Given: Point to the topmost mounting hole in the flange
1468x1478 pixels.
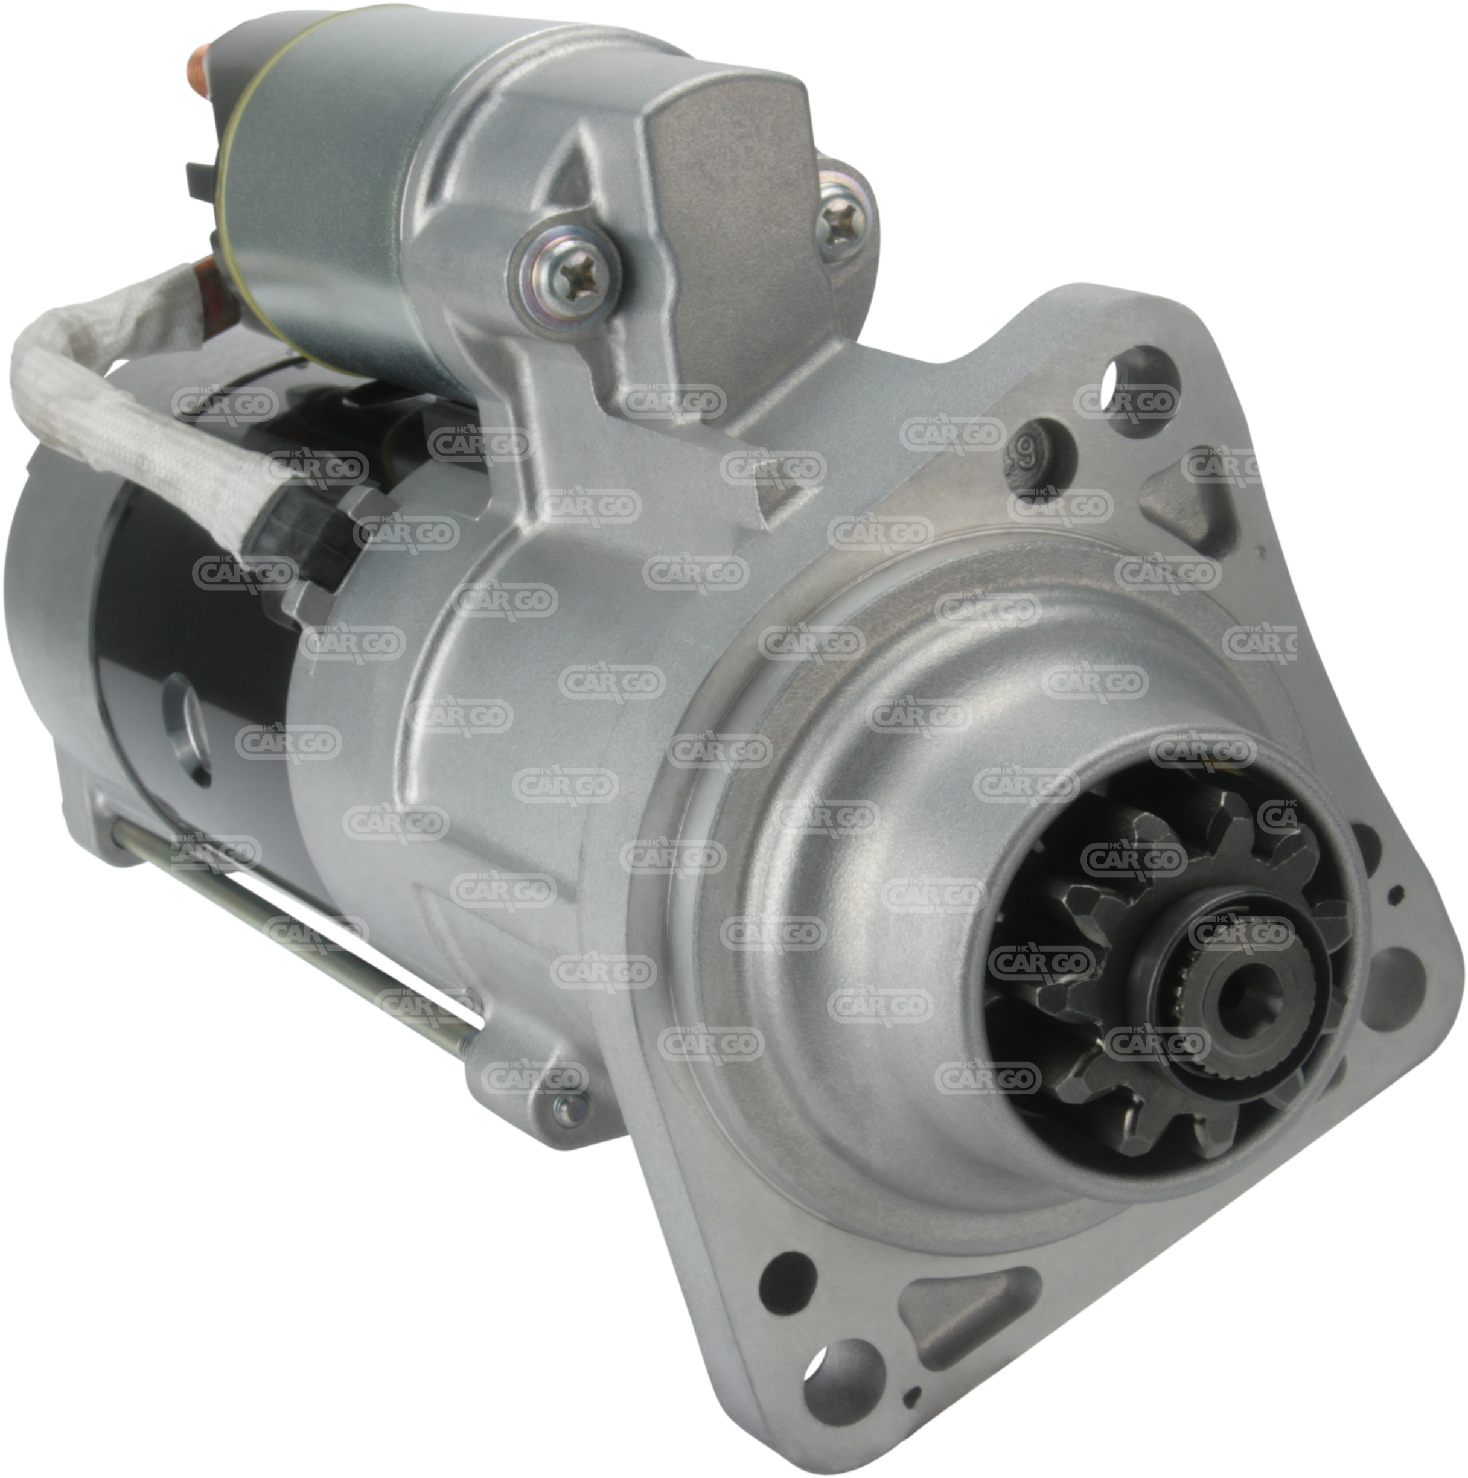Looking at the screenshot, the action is [1144, 403].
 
